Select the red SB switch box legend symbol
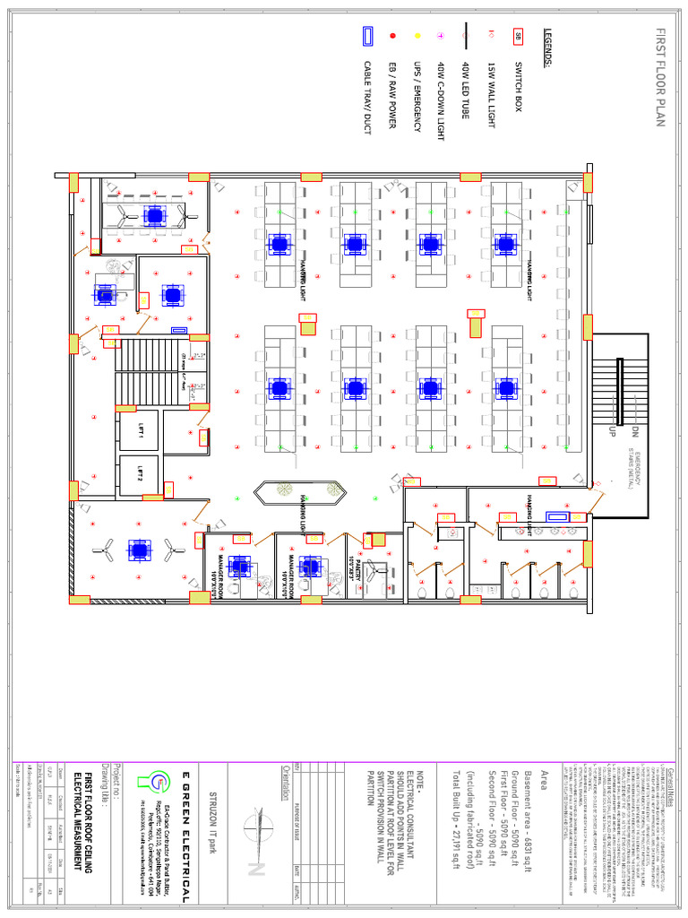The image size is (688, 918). [x=519, y=37]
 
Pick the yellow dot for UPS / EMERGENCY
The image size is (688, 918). [x=417, y=36]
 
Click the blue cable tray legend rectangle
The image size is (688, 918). [x=367, y=37]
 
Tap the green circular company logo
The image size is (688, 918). [x=160, y=779]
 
